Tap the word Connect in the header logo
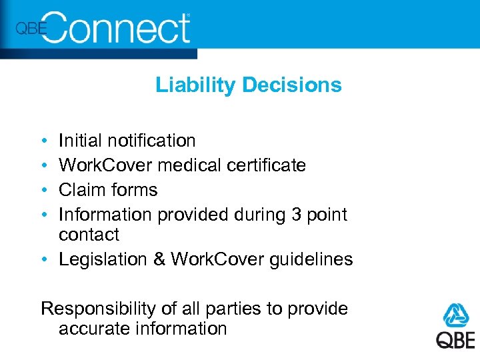click(x=119, y=29)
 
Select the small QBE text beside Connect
click(x=31, y=29)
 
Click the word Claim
click(x=78, y=190)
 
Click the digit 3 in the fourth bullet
click(x=297, y=215)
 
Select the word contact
click(x=89, y=235)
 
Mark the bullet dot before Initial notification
click(x=43, y=141)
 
